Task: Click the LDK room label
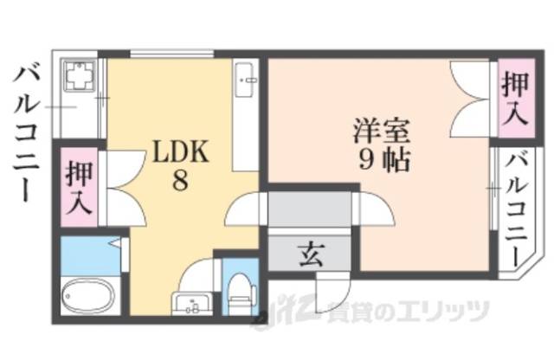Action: point(180,154)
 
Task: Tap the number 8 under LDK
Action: point(179,183)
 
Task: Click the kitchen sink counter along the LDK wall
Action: point(246,112)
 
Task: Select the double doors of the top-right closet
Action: point(472,99)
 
